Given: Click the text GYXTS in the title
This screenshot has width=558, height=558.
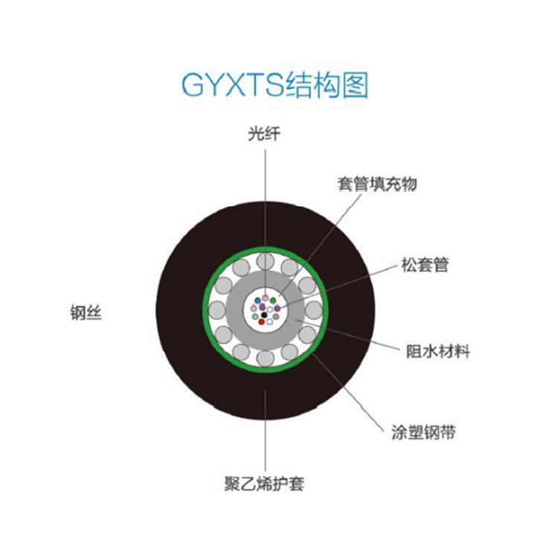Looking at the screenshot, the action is click(x=232, y=85).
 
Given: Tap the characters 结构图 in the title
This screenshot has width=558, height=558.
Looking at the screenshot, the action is click(x=326, y=85).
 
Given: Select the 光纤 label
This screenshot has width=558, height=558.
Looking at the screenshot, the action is click(x=264, y=134).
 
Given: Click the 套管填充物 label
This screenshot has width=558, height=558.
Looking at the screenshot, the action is click(x=377, y=184).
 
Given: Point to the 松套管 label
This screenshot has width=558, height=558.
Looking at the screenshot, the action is click(x=425, y=265).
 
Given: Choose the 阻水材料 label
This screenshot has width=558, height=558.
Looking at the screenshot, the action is click(x=438, y=351).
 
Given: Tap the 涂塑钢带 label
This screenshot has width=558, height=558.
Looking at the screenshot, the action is click(x=423, y=432).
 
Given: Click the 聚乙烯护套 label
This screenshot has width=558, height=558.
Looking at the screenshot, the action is click(x=264, y=484).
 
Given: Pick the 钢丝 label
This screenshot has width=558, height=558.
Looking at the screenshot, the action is click(x=86, y=313).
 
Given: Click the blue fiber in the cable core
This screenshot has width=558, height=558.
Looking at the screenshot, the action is click(x=257, y=301).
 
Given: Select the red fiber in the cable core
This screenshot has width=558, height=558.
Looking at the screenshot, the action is click(x=262, y=321).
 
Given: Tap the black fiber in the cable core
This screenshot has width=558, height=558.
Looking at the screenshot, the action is click(x=264, y=315).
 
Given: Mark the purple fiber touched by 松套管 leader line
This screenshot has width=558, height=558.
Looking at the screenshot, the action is click(x=278, y=308).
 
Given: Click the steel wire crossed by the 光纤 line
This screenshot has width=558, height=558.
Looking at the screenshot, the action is click(x=265, y=261).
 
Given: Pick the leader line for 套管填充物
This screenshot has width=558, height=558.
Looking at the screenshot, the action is click(x=320, y=245).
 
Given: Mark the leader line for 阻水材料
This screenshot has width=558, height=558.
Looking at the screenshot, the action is click(x=347, y=335).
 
